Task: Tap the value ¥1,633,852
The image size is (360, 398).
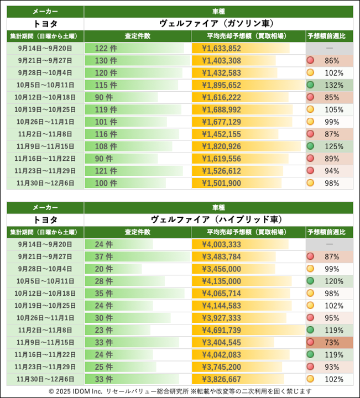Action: tap(221, 49)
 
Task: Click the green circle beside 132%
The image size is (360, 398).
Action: tap(311, 85)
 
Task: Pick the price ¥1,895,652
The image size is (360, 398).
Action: tap(221, 85)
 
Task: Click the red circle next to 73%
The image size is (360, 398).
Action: tap(311, 342)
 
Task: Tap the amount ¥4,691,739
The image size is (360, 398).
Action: tap(221, 329)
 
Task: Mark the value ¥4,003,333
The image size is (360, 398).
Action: tap(221, 244)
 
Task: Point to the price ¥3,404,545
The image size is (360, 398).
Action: tap(221, 342)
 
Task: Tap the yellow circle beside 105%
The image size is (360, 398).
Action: tap(311, 109)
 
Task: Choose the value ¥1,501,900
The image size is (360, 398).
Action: tap(221, 182)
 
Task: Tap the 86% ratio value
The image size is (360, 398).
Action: tap(332, 61)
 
